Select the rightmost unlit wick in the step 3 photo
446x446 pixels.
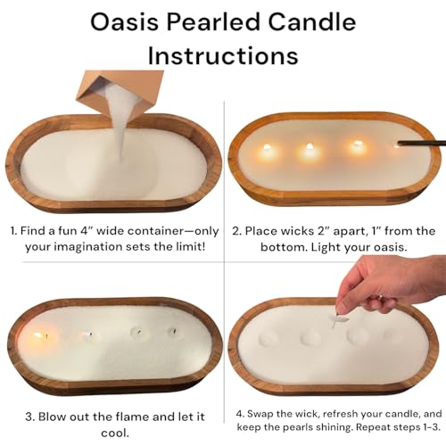(x=171, y=331)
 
